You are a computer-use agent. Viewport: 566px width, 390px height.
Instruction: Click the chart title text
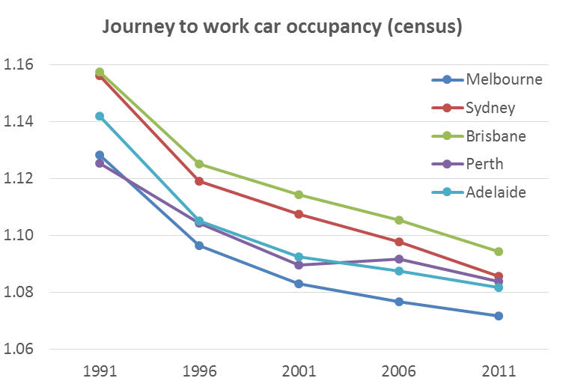point(282,28)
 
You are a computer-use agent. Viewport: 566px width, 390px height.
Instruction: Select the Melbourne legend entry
point(503,79)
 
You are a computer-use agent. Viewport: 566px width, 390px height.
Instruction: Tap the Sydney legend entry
point(490,108)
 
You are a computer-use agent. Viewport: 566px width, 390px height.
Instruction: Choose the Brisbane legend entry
point(496,136)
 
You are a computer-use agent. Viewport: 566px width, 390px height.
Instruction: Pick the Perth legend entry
point(484,164)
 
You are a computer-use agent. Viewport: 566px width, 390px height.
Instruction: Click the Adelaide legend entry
point(496,192)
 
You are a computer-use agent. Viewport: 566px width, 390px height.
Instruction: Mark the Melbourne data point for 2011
point(499,316)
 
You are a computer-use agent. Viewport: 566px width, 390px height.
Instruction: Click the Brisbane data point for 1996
point(199,164)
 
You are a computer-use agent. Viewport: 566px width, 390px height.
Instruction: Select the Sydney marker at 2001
point(299,214)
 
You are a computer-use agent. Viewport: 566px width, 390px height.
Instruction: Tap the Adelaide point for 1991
point(100,116)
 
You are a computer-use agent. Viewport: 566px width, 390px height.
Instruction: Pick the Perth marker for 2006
point(399,259)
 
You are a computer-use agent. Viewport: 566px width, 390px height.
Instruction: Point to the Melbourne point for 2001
point(299,284)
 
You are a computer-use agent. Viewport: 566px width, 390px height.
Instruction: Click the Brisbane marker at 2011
point(499,252)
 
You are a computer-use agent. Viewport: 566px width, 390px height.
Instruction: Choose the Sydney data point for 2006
point(399,242)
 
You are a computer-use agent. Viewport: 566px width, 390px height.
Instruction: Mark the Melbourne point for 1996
point(199,246)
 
